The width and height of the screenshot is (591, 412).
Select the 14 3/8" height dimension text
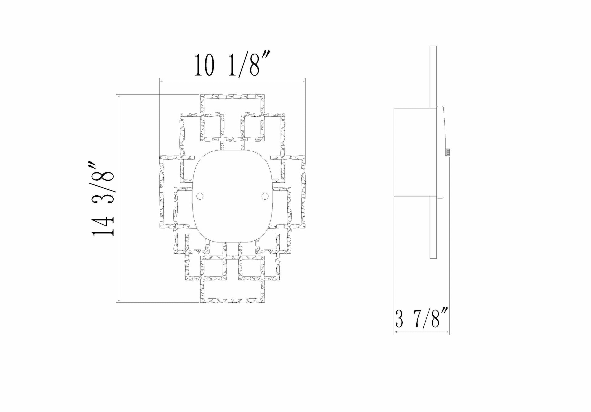click(x=103, y=199)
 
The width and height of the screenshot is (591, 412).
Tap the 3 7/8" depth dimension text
click(x=422, y=317)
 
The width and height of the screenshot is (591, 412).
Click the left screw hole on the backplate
click(x=200, y=196)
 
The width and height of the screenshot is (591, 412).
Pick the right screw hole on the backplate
click(x=265, y=196)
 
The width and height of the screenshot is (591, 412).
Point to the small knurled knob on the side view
click(x=448, y=152)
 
